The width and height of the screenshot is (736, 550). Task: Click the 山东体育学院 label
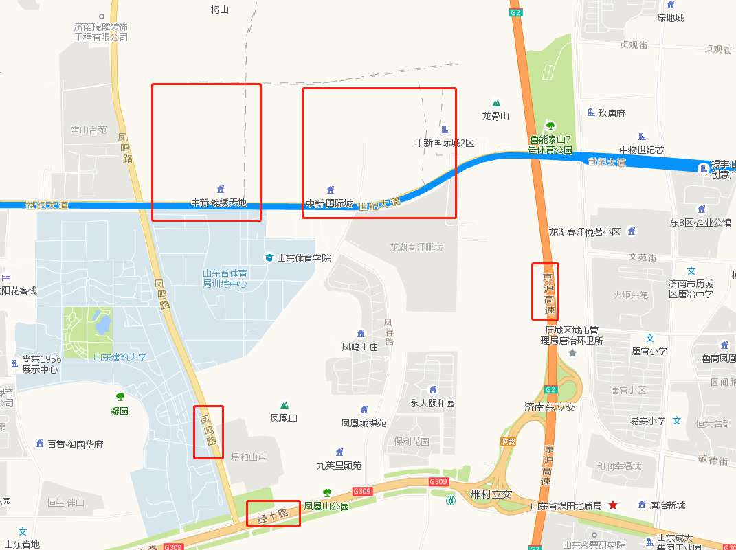303,258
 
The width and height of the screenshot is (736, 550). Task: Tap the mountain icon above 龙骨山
495,103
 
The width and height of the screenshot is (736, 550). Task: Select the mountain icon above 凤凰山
284,405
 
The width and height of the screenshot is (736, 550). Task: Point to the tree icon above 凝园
120,397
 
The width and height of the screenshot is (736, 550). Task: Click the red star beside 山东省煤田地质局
612,505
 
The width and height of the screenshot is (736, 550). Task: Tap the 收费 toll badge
508,442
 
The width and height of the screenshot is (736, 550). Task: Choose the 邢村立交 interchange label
491,494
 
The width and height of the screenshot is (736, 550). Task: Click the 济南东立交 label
550,406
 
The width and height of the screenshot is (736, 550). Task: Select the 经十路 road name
273,514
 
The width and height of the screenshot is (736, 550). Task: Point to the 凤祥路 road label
388,332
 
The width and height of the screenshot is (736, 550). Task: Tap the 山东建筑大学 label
120,357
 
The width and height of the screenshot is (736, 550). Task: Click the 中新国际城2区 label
445,143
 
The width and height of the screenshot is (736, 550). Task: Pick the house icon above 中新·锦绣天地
221,189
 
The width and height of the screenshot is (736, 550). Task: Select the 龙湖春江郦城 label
416,247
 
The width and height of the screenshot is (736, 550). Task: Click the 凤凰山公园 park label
327,506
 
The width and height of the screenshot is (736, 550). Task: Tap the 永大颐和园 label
432,403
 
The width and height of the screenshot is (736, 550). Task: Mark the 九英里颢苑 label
339,466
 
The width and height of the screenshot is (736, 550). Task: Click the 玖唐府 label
612,113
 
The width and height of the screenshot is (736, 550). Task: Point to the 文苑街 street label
643,257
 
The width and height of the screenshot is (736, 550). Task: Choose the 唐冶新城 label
667,505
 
